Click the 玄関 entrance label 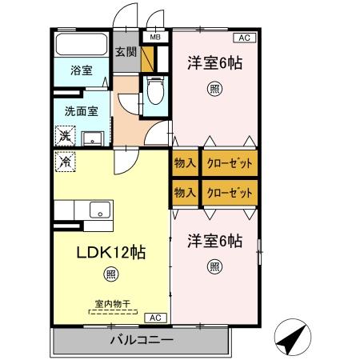pyautogui.click(x=126, y=53)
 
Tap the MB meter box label pyautogui.click(x=154, y=37)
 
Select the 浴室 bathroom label pyautogui.click(x=80, y=69)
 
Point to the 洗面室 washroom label pyautogui.click(x=80, y=113)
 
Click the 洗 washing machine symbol pyautogui.click(x=64, y=135)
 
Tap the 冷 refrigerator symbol pyautogui.click(x=64, y=160)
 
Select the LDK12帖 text pyautogui.click(x=110, y=252)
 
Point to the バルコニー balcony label pyautogui.click(x=141, y=340)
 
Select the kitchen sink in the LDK pyautogui.click(x=100, y=210)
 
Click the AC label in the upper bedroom pyautogui.click(x=242, y=38)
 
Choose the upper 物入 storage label pyautogui.click(x=185, y=163)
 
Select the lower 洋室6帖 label pyautogui.click(x=214, y=240)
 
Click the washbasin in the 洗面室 pyautogui.click(x=94, y=136)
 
